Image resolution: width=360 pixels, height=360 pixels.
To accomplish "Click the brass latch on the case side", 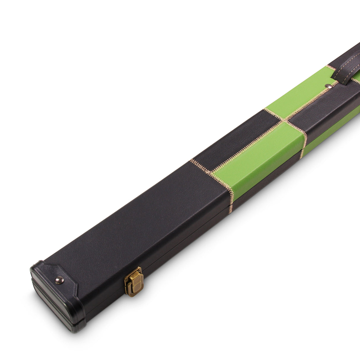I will click(134, 281).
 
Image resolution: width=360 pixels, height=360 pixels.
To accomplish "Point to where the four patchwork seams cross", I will click(284, 120).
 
